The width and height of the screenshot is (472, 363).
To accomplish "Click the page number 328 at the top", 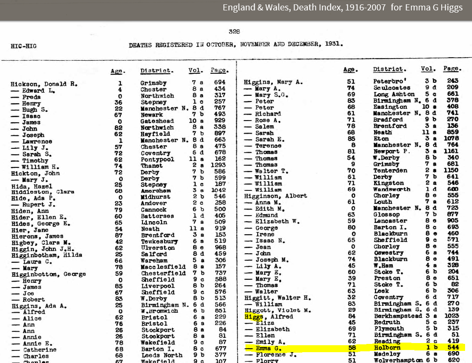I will pos(234,31).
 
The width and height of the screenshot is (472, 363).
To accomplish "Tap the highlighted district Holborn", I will pos(388,348).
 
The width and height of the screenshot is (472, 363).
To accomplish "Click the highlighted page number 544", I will pos(453,348).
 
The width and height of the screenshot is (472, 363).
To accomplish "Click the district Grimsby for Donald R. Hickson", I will pos(154,83).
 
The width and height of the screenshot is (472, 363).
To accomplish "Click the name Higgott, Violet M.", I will pos(271,311).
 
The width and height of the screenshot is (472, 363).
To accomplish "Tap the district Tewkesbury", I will pos(159,242).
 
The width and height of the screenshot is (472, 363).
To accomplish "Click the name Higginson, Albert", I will pos(275,196).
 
